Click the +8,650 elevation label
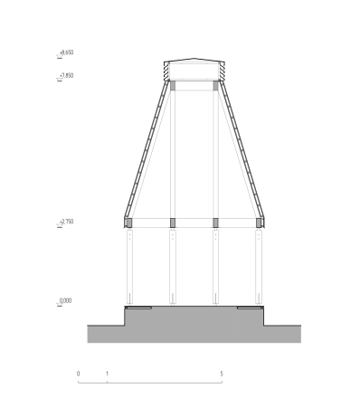coord(67,52)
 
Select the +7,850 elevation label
coord(67,75)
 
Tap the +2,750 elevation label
coord(67,222)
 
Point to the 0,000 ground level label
coord(65,300)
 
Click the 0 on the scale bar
coord(79,374)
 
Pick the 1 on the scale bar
coord(107,374)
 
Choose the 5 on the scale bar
coord(222,374)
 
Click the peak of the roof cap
coord(194,58)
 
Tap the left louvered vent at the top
coord(166,71)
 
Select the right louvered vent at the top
coord(222,71)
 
